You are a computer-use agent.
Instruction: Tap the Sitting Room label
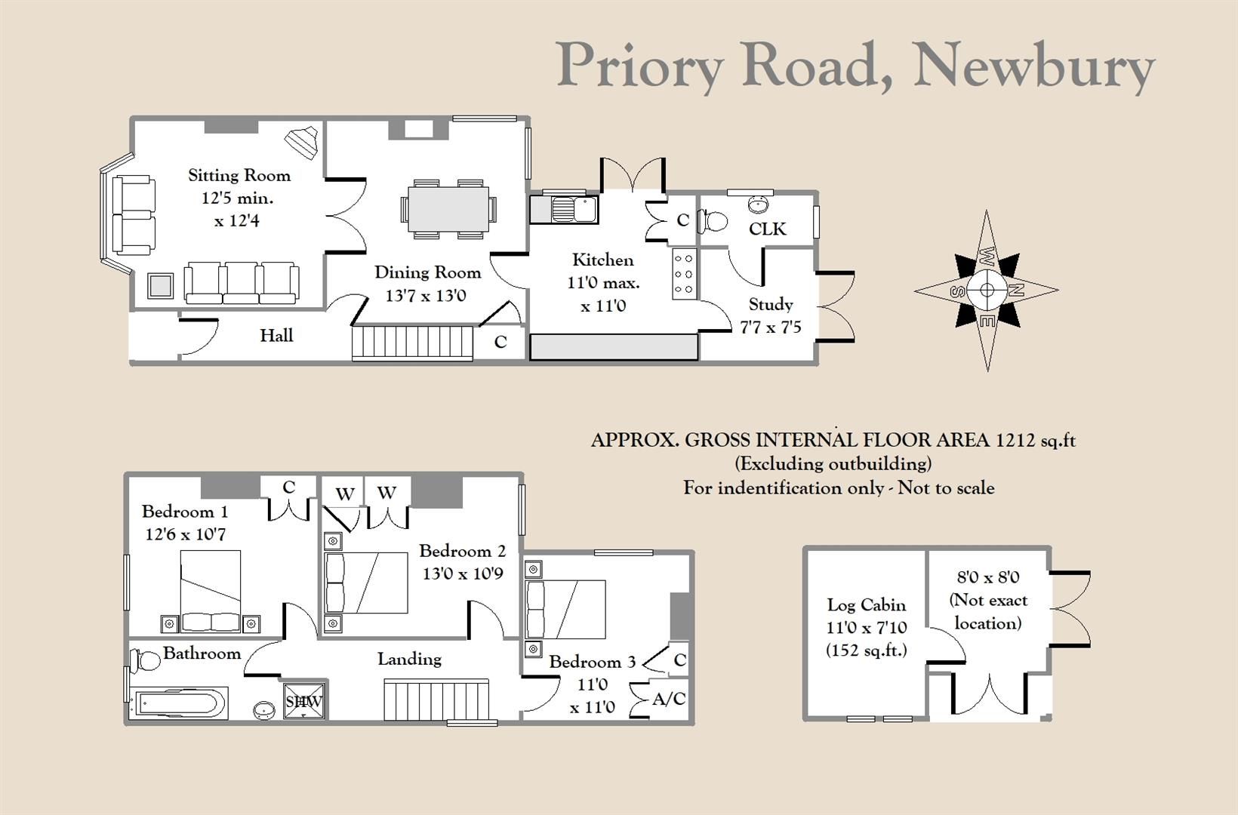point(239,176)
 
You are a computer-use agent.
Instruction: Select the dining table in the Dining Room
point(448,209)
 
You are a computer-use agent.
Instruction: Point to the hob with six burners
point(684,273)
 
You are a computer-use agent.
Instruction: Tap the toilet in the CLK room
point(713,221)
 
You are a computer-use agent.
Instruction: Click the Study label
point(770,304)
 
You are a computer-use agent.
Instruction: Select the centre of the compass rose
point(987,290)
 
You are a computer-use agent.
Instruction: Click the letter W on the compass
point(987,256)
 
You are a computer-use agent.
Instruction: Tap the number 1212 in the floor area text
point(1016,440)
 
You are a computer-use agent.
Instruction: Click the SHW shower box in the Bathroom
point(303,701)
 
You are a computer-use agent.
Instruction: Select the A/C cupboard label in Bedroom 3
point(669,700)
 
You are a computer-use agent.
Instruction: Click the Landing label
point(409,659)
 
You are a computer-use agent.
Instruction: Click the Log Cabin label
point(866,604)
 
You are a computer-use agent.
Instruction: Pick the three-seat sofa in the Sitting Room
point(241,282)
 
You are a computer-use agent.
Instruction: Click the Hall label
point(276,335)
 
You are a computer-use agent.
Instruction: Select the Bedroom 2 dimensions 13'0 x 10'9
point(462,574)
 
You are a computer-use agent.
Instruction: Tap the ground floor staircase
point(412,343)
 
